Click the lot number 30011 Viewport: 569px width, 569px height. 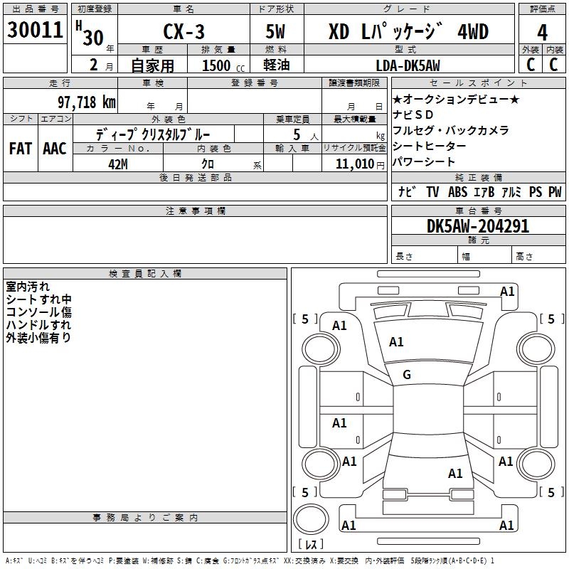36,31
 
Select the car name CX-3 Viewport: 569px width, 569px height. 183,33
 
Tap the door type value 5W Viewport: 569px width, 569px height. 276,33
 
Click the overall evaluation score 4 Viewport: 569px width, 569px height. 543,32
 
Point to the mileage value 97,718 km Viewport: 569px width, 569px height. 87,102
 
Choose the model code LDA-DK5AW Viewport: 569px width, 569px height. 408,65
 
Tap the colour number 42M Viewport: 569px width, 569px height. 118,163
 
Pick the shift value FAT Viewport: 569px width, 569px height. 20,149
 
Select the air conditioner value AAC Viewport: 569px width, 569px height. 54,149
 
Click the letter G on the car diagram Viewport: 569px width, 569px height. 407,375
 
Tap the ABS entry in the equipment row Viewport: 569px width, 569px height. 457,192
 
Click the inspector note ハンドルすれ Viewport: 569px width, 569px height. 38,325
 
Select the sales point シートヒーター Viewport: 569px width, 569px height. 430,146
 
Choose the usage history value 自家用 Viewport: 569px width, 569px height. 152,65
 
